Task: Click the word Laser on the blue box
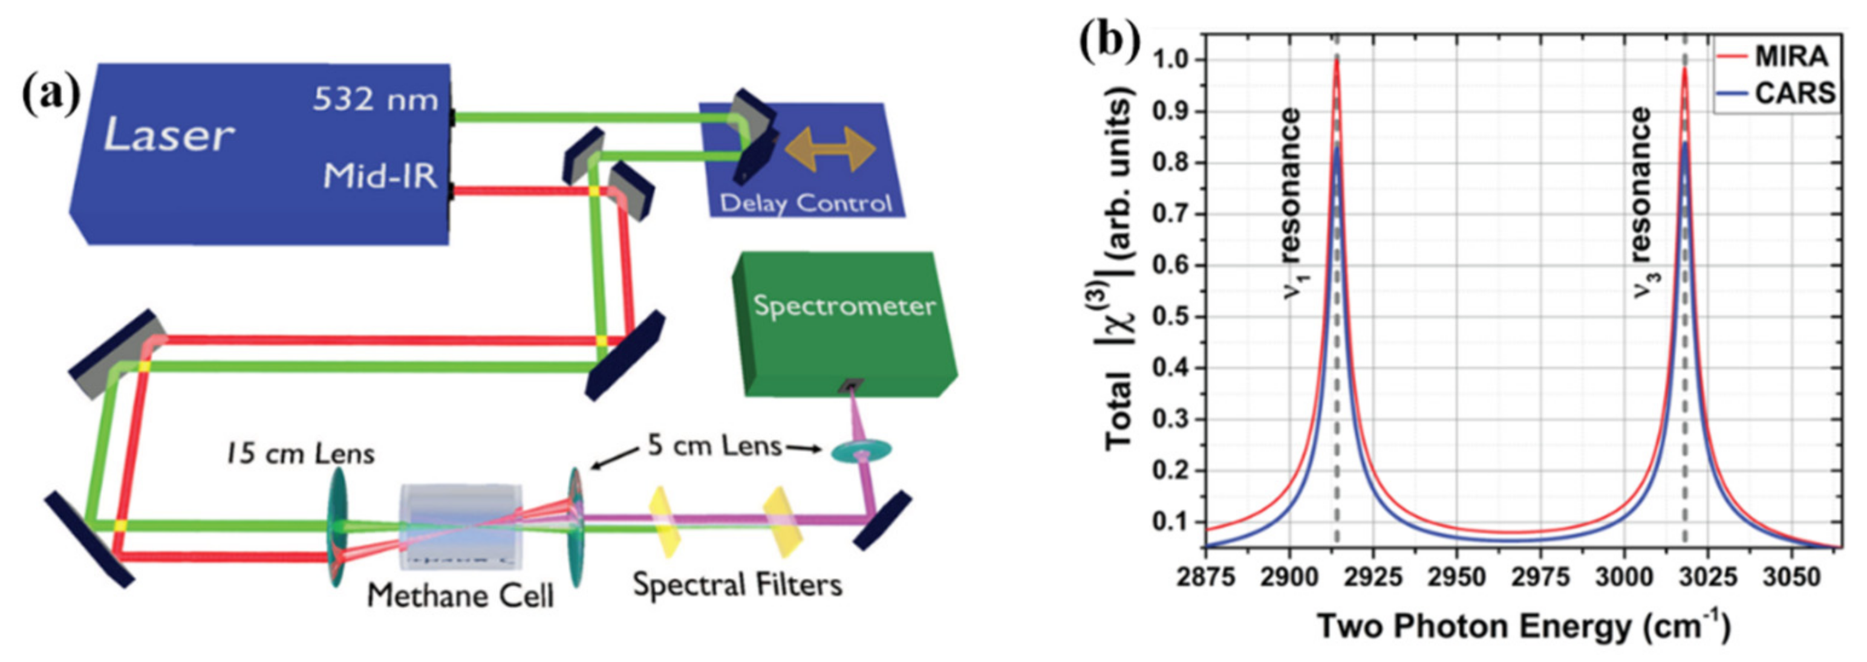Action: click(x=169, y=135)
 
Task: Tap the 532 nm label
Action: click(x=375, y=99)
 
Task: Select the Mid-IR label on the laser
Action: click(x=380, y=175)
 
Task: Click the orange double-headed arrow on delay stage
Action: click(x=830, y=148)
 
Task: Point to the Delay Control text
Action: click(x=805, y=204)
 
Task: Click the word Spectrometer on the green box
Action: click(x=844, y=306)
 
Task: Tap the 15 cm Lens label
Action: click(x=299, y=454)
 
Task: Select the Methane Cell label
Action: click(x=460, y=596)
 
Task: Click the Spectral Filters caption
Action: click(x=737, y=585)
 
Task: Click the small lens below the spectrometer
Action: click(x=860, y=451)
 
